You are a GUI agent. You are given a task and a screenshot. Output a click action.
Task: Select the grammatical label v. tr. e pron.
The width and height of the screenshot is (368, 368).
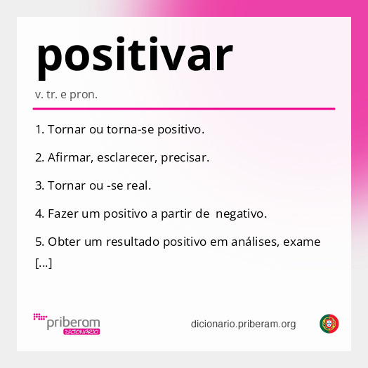pos(66,94)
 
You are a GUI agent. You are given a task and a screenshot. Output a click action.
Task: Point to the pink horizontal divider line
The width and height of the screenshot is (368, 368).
pos(184,109)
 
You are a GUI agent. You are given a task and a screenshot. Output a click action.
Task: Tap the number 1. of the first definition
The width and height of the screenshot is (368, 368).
pos(39,130)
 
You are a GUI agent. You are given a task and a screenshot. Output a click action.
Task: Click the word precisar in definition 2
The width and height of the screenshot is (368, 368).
pos(185,158)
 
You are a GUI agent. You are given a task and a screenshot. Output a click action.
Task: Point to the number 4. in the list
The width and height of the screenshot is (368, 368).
pos(39,213)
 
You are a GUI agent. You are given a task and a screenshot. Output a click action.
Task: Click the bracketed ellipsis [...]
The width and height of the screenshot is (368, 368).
pos(43,265)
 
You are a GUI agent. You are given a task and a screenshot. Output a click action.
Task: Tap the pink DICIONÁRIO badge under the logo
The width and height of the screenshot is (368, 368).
pos(81,331)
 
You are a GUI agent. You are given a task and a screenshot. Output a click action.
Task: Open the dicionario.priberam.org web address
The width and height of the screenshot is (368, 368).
pos(243,324)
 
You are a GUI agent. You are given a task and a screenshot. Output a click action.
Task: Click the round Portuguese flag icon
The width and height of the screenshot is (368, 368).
pos(329,324)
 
